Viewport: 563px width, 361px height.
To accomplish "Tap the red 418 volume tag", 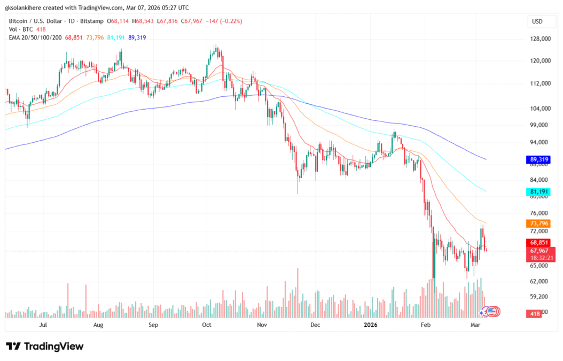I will pos(535,314).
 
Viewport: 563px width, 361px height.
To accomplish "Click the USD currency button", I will pos(537,21).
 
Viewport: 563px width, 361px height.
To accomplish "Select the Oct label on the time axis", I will pos(207,325).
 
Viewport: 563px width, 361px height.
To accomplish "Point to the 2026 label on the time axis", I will pos(371,325).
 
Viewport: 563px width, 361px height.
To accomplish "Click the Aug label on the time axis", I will pos(98,325).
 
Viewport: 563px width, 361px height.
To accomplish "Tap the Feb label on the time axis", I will pos(426,325).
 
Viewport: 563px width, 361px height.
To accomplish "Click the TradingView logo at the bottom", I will pos(45,347).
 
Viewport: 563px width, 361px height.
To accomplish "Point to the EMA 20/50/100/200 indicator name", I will pos(33,37).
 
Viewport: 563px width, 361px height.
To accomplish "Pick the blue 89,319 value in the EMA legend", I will pos(137,37).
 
